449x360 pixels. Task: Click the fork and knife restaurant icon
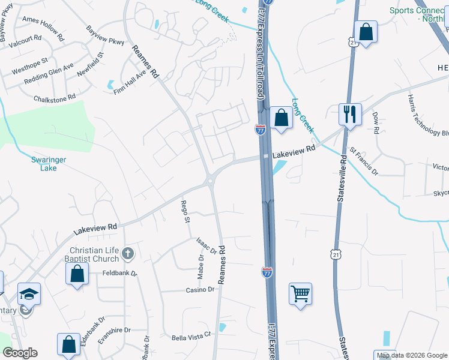point(349,113)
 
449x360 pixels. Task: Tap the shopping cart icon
point(300,293)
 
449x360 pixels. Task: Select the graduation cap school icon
point(29,293)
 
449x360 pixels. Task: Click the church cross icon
point(127,254)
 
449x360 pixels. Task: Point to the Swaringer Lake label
point(44,164)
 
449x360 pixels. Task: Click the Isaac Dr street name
point(206,245)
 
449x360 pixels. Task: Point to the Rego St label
point(185,212)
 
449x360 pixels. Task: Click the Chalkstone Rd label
point(55,97)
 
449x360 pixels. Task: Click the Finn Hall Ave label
point(130,82)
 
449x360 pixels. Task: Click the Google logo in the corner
point(20,352)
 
